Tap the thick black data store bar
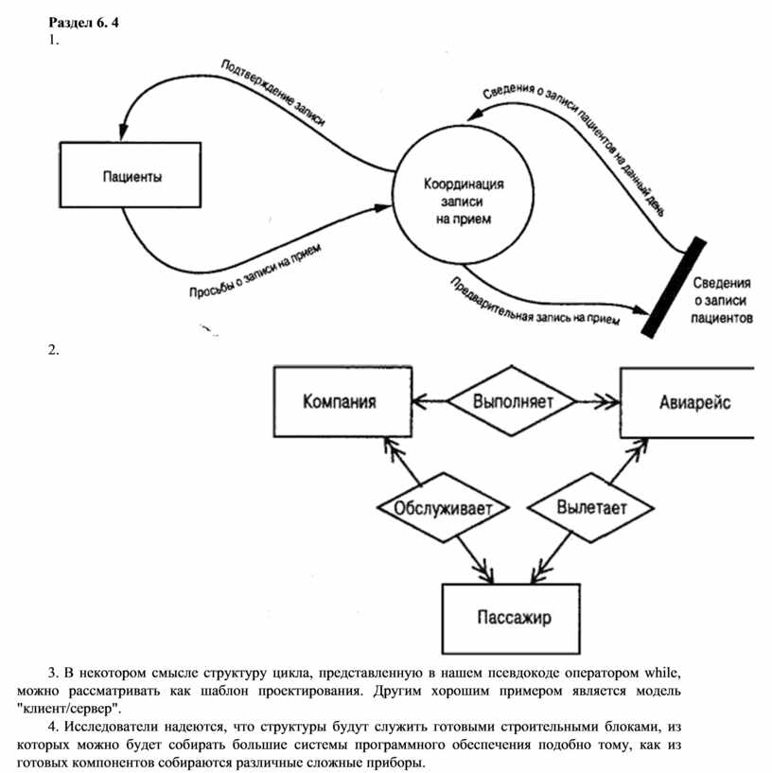[674, 288]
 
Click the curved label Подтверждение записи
[272, 93]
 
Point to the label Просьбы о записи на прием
[255, 271]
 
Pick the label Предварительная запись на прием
[534, 303]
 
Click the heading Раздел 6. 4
[84, 23]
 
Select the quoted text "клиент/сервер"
[69, 709]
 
